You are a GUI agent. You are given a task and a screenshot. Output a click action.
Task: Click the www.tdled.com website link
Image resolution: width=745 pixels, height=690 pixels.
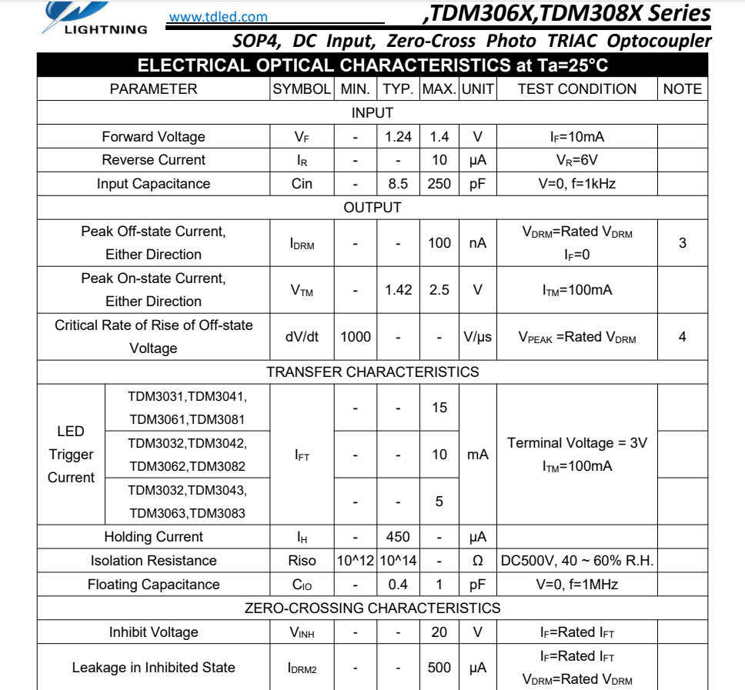pyautogui.click(x=218, y=16)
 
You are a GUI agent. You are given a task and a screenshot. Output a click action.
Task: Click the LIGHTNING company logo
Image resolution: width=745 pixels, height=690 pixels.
pyautogui.click(x=93, y=20)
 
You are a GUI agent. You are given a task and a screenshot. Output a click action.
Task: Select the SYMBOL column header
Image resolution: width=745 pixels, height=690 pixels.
pyautogui.click(x=302, y=88)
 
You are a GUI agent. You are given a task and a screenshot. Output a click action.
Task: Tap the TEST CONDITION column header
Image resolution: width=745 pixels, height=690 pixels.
pyautogui.click(x=576, y=88)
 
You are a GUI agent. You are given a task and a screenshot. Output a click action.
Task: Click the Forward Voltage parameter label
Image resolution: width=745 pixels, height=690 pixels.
pyautogui.click(x=153, y=137)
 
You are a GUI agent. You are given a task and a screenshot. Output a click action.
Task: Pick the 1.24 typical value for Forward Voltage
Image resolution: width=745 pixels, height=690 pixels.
pyautogui.click(x=398, y=137)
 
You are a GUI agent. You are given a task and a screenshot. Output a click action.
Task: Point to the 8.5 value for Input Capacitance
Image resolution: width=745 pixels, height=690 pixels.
pyautogui.click(x=398, y=184)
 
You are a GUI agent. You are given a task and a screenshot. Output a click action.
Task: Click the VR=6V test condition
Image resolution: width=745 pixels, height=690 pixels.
pyautogui.click(x=576, y=160)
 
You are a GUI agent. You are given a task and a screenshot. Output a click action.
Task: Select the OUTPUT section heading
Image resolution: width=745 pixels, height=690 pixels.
pyautogui.click(x=372, y=207)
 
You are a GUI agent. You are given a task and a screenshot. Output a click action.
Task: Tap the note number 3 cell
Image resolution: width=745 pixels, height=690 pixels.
pyautogui.click(x=682, y=243)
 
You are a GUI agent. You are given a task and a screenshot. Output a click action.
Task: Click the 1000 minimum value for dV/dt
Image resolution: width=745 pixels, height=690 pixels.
pyautogui.click(x=355, y=336)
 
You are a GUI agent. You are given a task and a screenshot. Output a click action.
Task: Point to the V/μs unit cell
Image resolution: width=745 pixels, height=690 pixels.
pyautogui.click(x=477, y=336)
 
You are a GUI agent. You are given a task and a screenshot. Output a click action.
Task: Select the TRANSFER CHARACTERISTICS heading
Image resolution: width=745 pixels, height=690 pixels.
pyautogui.click(x=372, y=372)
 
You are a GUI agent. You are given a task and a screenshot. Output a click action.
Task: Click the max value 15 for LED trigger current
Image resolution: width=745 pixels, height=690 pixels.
pyautogui.click(x=439, y=407)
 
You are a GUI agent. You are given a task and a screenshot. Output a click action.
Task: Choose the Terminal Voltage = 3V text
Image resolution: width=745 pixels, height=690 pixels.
pyautogui.click(x=576, y=442)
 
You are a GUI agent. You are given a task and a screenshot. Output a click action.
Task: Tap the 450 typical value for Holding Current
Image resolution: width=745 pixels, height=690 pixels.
pyautogui.click(x=398, y=536)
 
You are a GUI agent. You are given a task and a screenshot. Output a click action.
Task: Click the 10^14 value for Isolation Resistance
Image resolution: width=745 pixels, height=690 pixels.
pyautogui.click(x=398, y=561)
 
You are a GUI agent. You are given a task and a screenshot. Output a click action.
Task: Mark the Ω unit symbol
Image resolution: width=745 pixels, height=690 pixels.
pyautogui.click(x=477, y=561)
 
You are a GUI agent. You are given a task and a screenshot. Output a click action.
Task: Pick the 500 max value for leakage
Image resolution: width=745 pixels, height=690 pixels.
pyautogui.click(x=439, y=667)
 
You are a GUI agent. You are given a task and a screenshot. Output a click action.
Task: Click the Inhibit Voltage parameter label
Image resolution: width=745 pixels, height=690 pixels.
pyautogui.click(x=153, y=632)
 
